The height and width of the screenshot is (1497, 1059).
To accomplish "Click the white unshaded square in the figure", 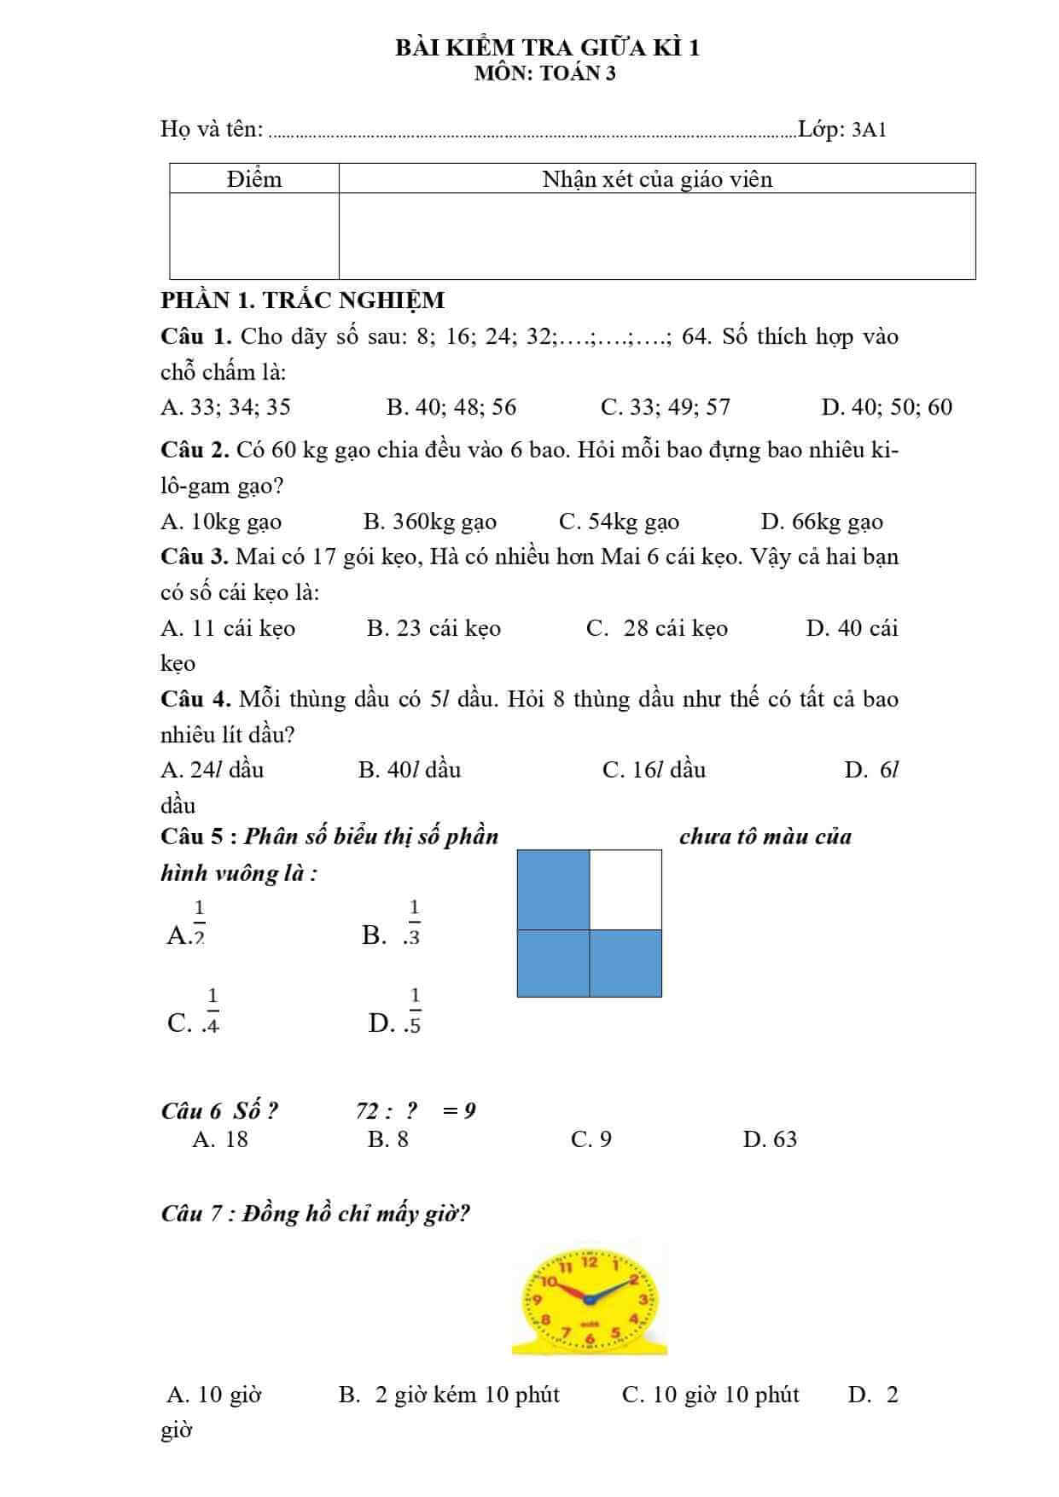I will (x=626, y=889).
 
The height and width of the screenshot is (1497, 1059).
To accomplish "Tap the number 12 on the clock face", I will (x=590, y=1261).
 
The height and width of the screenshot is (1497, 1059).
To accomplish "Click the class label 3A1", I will (x=869, y=130).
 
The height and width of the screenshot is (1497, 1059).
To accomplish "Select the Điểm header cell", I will (x=254, y=179).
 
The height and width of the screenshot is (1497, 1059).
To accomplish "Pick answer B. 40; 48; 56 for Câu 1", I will (x=451, y=407).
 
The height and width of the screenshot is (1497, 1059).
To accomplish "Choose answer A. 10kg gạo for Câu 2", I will (x=221, y=521).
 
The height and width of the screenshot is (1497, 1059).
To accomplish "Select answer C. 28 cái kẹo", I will (x=657, y=629).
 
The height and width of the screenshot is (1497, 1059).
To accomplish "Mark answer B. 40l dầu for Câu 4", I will (x=410, y=770).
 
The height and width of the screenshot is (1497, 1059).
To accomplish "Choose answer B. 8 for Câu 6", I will (x=388, y=1139).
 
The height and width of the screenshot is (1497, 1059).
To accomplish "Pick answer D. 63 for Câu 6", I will (x=770, y=1139).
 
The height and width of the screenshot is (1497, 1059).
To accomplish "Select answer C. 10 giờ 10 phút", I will (x=711, y=1395).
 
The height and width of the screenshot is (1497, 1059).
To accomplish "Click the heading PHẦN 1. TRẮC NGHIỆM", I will (x=303, y=300).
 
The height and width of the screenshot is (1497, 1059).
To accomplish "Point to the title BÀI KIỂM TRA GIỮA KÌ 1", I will (x=547, y=48).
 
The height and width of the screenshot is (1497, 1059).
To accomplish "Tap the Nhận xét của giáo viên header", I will (x=657, y=179).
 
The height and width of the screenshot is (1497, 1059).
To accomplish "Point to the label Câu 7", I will (x=193, y=1213).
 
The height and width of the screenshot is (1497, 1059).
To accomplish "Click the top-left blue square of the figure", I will (x=554, y=889).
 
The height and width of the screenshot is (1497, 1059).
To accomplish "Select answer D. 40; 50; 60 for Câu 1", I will (x=887, y=407).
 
